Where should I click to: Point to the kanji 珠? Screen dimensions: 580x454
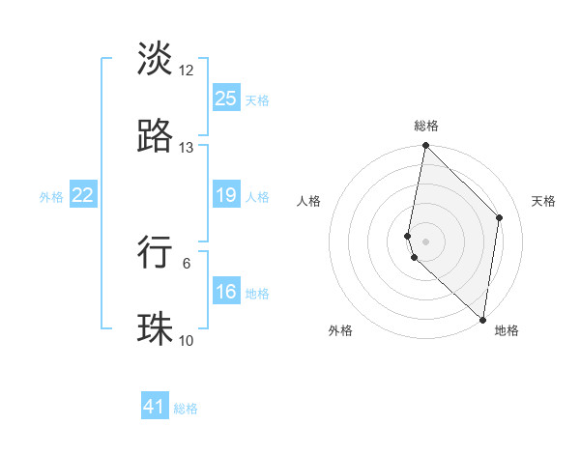[x=155, y=328]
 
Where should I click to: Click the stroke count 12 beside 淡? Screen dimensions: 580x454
[x=187, y=71]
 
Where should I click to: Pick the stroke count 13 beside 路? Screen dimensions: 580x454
[x=187, y=148]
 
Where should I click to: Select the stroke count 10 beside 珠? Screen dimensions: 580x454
[x=187, y=341]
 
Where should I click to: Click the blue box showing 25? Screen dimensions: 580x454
[x=225, y=99]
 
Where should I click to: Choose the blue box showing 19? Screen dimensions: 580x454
[x=225, y=196]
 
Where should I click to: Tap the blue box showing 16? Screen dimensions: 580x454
[x=225, y=293]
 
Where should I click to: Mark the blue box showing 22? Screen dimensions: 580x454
[x=82, y=196]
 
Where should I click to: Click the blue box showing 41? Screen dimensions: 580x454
[x=155, y=408]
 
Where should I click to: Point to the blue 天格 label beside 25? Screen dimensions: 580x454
[x=256, y=99]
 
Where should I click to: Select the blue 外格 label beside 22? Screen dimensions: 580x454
[x=51, y=197]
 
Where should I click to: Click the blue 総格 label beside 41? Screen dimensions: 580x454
[x=186, y=409]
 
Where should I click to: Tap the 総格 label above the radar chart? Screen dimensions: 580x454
[x=426, y=126]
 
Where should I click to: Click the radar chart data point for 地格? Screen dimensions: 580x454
[x=483, y=320]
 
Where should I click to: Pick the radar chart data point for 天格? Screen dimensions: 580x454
[x=500, y=217]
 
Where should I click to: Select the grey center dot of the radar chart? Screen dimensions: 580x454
[x=426, y=241]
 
